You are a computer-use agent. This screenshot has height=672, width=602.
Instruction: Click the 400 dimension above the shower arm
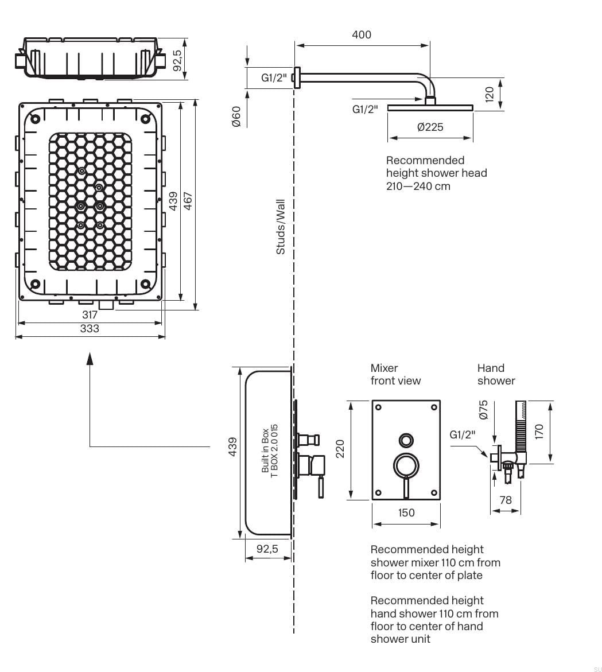tap(362, 34)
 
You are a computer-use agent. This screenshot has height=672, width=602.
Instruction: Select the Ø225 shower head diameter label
tap(430, 127)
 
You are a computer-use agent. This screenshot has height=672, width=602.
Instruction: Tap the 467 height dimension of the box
tap(188, 200)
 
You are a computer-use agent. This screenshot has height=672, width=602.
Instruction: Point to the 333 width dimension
tap(90, 329)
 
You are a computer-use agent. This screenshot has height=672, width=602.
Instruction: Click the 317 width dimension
tap(90, 314)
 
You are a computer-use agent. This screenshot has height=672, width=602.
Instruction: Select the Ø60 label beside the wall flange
tap(236, 116)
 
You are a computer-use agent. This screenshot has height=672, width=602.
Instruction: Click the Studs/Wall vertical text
tap(281, 227)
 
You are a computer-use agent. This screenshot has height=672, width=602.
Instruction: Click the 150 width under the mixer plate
tap(406, 512)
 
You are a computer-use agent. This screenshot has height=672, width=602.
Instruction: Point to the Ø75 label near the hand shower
tap(483, 409)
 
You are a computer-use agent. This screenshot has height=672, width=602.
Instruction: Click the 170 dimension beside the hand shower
tap(539, 431)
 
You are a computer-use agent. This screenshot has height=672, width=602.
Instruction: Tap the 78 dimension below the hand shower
tap(505, 500)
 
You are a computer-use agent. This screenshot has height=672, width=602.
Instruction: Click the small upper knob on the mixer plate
tap(406, 440)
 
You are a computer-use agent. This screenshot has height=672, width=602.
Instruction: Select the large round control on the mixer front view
tap(406, 464)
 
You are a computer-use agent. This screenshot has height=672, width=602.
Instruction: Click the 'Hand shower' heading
tap(496, 374)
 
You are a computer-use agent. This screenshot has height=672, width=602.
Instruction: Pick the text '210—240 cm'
tap(418, 186)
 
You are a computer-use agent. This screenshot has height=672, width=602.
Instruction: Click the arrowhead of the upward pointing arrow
tap(90, 358)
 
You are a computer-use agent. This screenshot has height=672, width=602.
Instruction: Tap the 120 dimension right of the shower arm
tap(490, 94)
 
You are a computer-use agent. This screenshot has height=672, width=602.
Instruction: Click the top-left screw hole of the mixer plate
tap(378, 407)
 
